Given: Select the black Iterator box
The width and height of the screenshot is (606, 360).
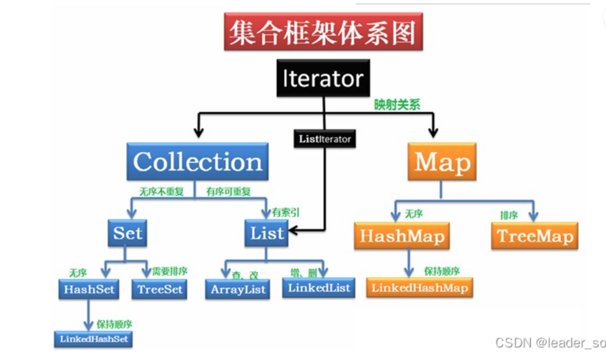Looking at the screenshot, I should tap(322, 79).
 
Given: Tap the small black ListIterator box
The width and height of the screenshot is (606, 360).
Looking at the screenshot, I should tap(324, 139).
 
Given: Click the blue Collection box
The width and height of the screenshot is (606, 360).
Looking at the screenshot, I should tap(198, 162).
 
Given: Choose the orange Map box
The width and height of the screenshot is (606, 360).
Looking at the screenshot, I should tap(441, 162).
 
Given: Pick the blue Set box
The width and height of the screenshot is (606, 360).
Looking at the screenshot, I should tap(128, 233).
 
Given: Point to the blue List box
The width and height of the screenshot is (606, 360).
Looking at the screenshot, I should tap(267, 233).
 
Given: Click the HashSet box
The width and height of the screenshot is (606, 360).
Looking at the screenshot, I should tap(89, 289).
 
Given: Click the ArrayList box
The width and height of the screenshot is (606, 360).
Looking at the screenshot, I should tap(237, 289).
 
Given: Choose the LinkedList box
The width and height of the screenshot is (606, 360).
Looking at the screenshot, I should tap(319, 288).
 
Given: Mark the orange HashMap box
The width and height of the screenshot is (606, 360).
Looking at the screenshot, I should tap(402, 236).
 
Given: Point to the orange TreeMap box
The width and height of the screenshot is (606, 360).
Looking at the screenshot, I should tap(535, 236).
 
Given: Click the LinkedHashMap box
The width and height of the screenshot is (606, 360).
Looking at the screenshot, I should tap(419, 288).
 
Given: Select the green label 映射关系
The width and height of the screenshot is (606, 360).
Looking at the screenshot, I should tap(398, 104).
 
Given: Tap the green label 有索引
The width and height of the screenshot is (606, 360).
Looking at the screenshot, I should tap(285, 211).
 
